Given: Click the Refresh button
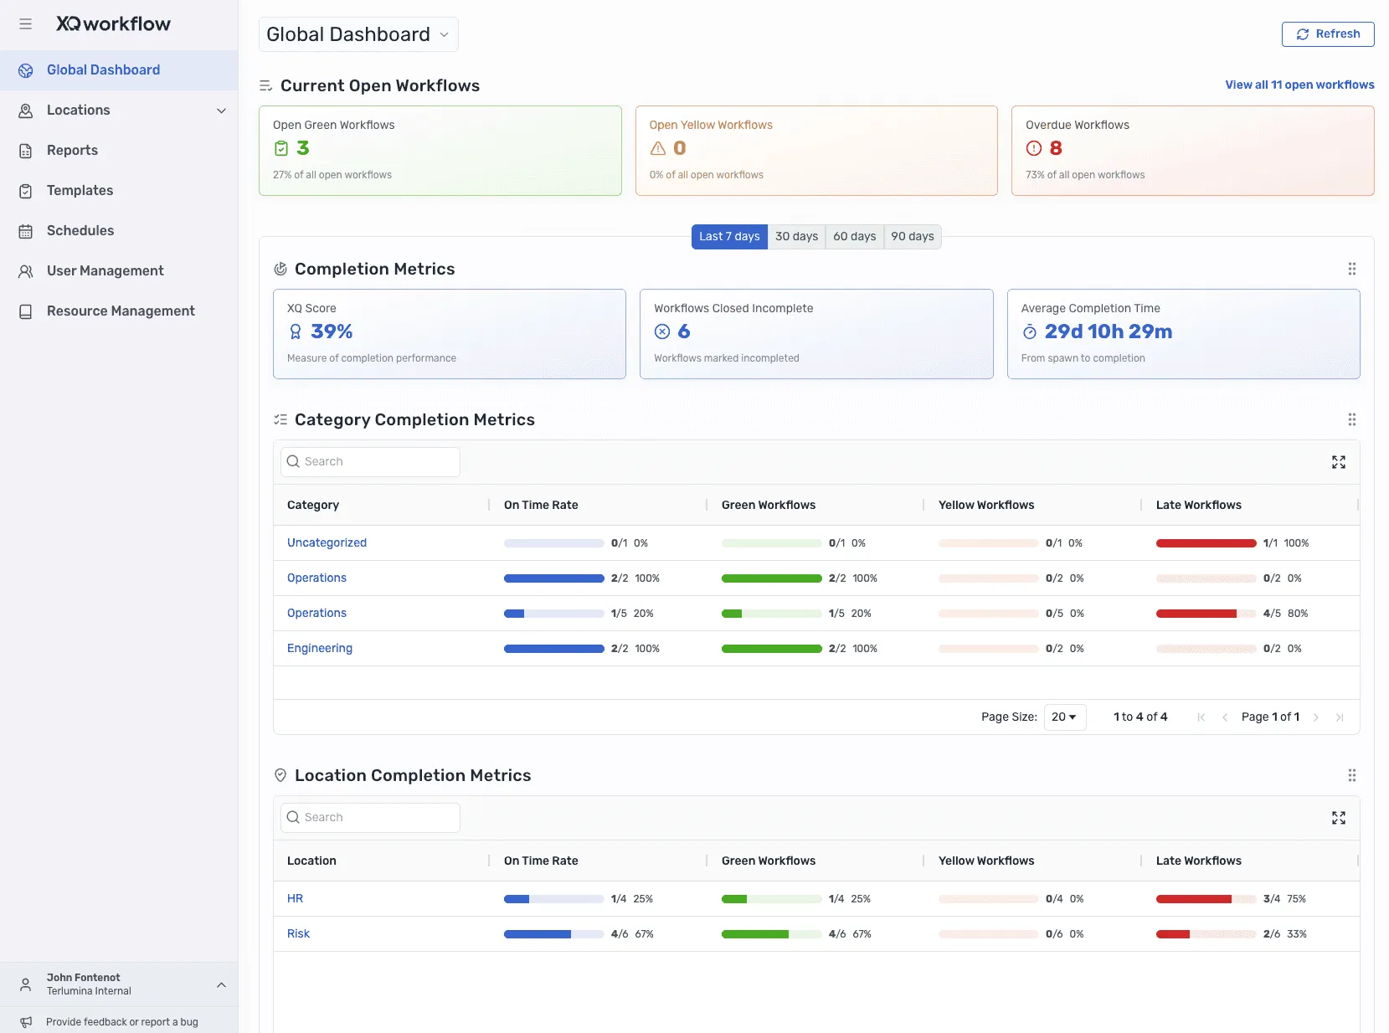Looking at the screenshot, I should tap(1327, 34).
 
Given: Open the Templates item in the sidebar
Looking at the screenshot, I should tap(80, 191).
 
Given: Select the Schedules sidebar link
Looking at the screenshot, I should tap(80, 231).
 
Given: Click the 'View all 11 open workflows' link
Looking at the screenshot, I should tap(1299, 85).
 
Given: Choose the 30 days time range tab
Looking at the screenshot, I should tap(795, 237).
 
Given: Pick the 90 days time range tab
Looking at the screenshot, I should tap(912, 237).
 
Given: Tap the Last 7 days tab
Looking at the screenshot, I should tap(729, 237).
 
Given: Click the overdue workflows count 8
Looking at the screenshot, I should tap(1055, 148).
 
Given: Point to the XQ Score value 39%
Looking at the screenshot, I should tap(332, 331).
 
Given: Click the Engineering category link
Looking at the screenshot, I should tap(319, 649).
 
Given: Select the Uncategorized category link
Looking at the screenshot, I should tap(327, 543).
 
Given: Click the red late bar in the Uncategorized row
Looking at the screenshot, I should tap(1205, 543).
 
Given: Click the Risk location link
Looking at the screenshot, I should tap(298, 934).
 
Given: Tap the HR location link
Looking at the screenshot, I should tap(295, 899).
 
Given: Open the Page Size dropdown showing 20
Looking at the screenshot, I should tap(1064, 717).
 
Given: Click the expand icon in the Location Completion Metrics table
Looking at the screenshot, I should tap(1338, 818).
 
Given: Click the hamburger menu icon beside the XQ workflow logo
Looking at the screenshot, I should tap(26, 24).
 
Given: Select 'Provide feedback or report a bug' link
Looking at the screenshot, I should tap(121, 1022).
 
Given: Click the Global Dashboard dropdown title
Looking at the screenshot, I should tap(358, 35).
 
